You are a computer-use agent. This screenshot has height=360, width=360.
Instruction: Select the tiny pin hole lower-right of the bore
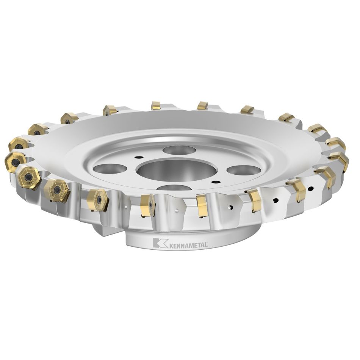(215, 183)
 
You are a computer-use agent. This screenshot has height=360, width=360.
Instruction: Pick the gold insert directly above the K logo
(147, 205)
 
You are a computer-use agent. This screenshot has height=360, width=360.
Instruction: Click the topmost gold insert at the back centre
(156, 105)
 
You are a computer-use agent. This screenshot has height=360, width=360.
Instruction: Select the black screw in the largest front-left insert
(28, 177)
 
